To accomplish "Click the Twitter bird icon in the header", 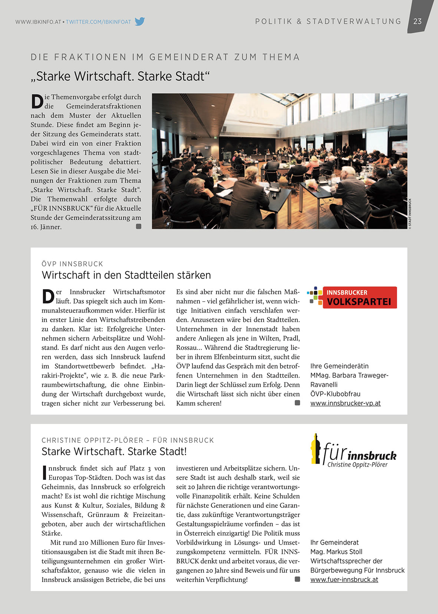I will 140,22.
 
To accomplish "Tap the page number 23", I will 418,21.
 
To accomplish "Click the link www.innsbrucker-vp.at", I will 345,403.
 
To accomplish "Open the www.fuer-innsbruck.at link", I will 344,579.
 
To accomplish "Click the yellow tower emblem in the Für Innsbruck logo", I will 316,449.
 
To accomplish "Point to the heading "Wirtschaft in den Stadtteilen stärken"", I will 126,275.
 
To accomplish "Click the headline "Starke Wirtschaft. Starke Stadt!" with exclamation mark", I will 114,451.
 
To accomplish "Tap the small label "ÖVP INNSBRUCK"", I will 72,264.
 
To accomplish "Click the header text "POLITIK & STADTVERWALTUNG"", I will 328,22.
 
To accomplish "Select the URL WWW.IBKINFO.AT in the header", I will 38,22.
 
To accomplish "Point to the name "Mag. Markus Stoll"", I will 336,552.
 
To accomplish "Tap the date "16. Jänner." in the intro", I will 46,227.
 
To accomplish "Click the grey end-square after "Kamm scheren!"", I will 297,403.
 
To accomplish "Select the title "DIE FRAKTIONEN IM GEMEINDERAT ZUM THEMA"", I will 165,57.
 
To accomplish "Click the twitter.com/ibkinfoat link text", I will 98,22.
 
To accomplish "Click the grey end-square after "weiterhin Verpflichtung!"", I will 297,579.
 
